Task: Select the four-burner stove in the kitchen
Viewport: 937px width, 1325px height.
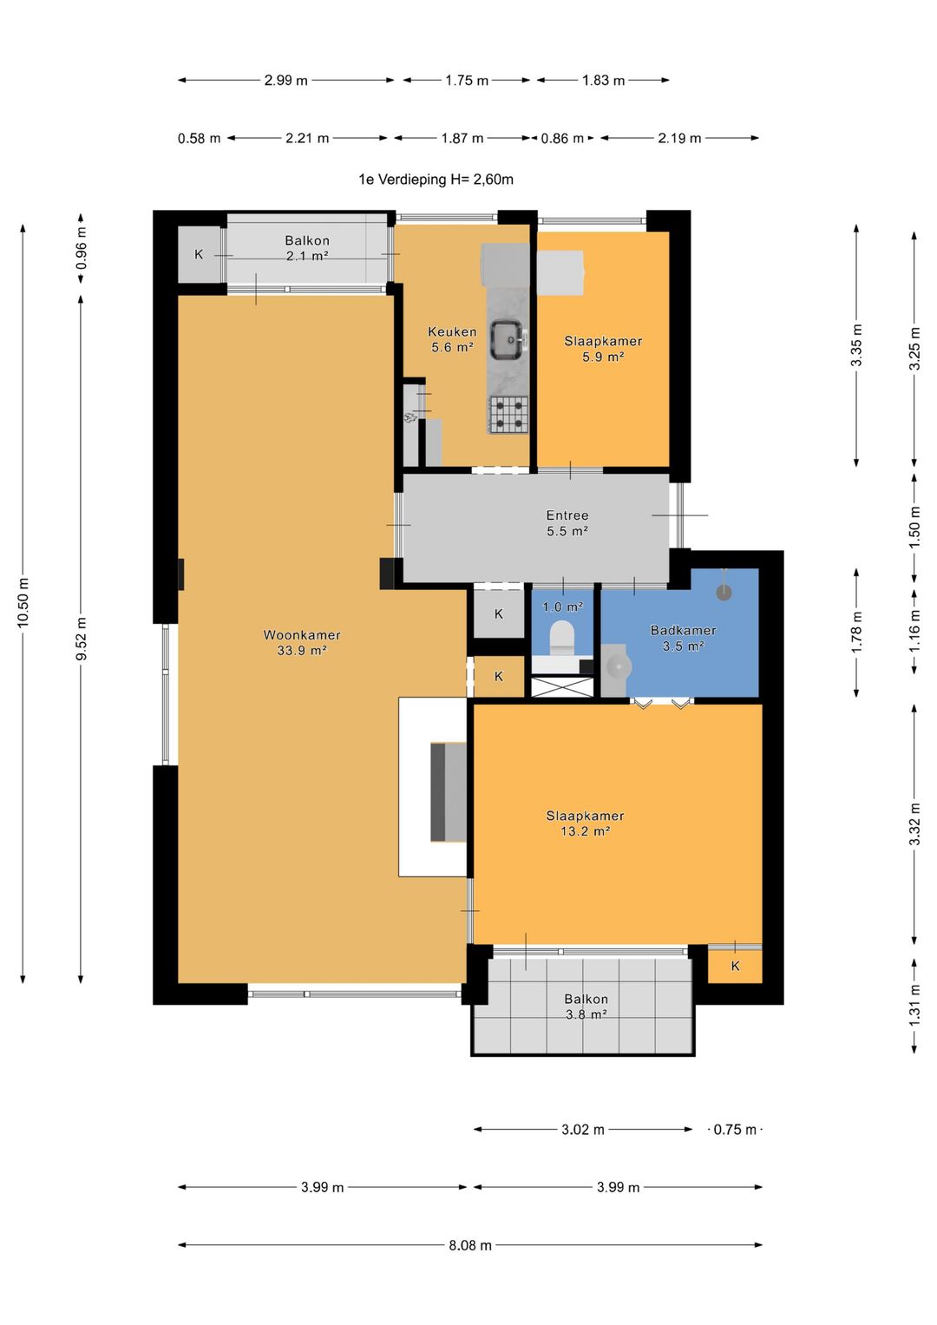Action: click(508, 414)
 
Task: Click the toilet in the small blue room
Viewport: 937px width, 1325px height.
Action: click(562, 638)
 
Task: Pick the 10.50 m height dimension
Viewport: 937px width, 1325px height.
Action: click(23, 603)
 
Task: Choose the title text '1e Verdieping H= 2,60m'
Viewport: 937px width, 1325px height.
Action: click(436, 180)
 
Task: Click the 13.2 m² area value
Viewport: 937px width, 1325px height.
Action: click(585, 831)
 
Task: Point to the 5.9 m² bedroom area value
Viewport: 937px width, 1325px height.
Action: click(603, 357)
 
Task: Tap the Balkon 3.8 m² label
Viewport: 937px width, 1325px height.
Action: click(586, 1007)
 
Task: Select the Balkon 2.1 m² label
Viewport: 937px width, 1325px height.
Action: click(307, 248)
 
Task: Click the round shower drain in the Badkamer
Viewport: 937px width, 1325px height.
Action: click(724, 592)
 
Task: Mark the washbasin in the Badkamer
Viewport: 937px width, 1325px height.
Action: click(616, 667)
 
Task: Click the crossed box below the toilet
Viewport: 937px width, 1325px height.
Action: click(562, 686)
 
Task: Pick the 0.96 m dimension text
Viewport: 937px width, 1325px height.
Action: click(81, 248)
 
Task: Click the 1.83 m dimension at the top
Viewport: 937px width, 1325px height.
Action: click(603, 80)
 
